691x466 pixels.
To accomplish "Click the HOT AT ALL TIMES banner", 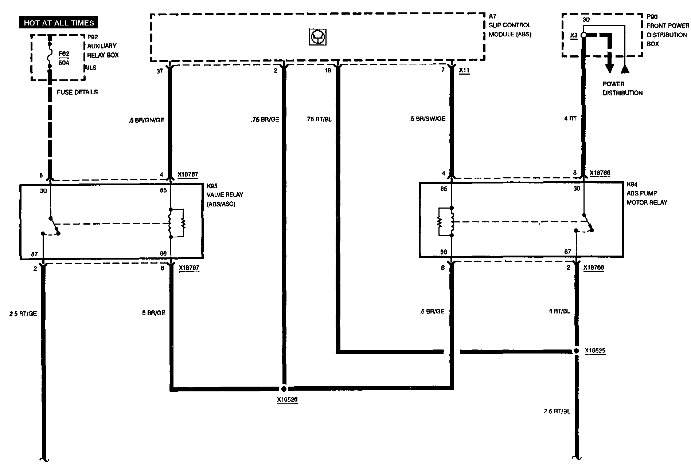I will pos(59,23).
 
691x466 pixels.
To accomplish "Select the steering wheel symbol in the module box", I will pos(317,37).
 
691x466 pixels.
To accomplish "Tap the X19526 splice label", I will pos(287,400).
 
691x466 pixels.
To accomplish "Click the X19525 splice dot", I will pos(576,351).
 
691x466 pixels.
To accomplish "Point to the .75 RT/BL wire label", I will pos(319,119).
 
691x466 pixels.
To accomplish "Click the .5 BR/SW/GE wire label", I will pos(427,119).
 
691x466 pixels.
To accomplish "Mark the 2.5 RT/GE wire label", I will pos(23,313).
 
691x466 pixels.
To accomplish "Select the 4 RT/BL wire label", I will pos(559,311).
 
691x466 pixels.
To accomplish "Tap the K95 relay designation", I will pos(212,186).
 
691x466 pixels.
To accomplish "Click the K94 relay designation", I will pos(632,185).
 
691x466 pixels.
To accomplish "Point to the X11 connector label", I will pos(464,70).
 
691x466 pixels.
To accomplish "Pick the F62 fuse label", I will pos(64,54).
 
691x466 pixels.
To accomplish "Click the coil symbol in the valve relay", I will pos(171,223).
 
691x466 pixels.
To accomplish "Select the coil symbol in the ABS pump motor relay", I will pos(452,221).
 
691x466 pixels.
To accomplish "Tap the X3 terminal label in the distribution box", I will pos(574,35).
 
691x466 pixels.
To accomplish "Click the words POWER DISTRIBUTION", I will pos(622,88).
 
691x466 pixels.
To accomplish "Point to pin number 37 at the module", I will pos(160,71).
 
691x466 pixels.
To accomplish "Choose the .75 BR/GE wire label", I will pos(265,119).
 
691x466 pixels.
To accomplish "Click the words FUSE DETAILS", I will pos(77,92).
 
